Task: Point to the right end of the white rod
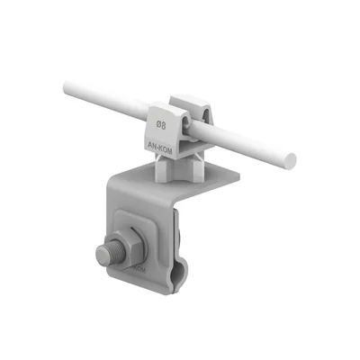[289, 162]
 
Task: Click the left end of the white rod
[67, 88]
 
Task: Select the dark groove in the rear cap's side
[206, 115]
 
